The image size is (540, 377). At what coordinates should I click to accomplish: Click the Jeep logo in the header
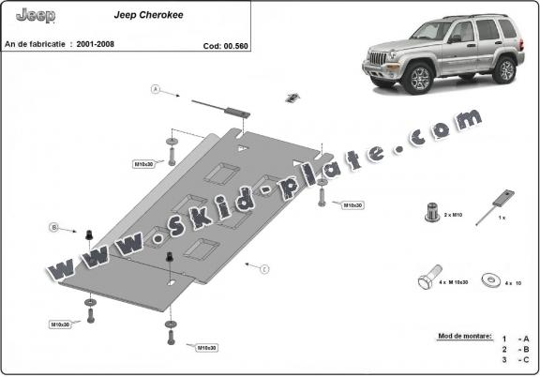(37, 16)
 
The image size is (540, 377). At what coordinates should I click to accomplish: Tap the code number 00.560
(225, 44)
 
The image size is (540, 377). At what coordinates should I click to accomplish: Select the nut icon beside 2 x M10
(432, 212)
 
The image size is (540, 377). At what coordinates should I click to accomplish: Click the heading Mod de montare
(464, 335)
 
